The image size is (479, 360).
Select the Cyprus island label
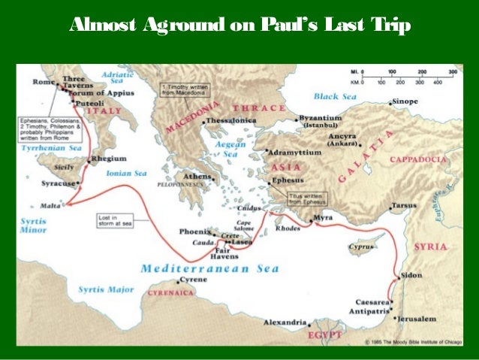point(362,247)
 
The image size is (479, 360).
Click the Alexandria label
point(285,322)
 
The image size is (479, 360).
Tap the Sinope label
point(407,101)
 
